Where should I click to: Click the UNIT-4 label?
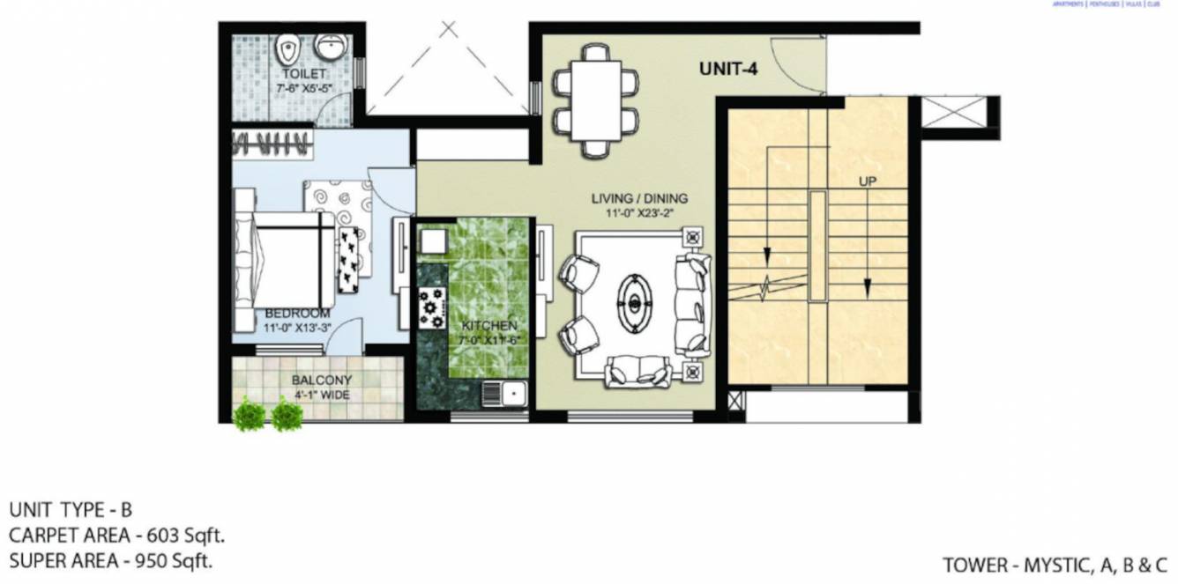728,67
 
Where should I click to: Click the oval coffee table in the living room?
633,304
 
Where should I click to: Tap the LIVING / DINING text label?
639,198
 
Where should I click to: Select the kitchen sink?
504,393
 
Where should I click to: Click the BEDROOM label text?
297,314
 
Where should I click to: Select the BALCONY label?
322,381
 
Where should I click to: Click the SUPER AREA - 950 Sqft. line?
111,559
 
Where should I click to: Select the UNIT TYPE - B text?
71,510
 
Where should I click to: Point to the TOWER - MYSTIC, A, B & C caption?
1055,565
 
